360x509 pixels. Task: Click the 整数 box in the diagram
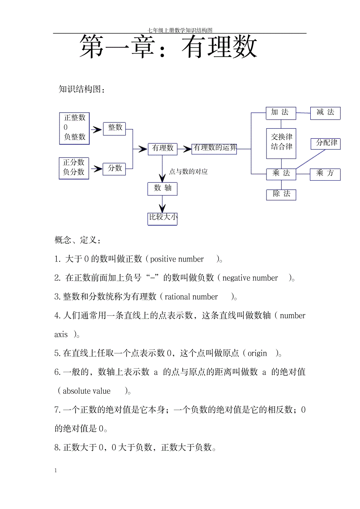pyautogui.click(x=114, y=129)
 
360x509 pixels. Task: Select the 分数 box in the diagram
pyautogui.click(x=114, y=169)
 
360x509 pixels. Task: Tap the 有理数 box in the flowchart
pyautogui.click(x=163, y=149)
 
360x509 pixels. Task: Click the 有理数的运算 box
pyautogui.click(x=214, y=149)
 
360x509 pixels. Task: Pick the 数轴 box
pyautogui.click(x=163, y=189)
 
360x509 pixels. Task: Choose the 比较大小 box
pyautogui.click(x=163, y=218)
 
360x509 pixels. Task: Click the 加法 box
pyautogui.click(x=281, y=113)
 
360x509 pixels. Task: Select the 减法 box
pyautogui.click(x=325, y=113)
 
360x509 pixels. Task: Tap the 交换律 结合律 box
pyautogui.click(x=281, y=143)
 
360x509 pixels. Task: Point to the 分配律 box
pyautogui.click(x=326, y=143)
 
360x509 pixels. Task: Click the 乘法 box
pyautogui.click(x=281, y=174)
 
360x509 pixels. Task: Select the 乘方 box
pyautogui.click(x=325, y=174)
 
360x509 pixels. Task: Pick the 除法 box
pyautogui.click(x=281, y=194)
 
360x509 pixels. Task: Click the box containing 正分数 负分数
pyautogui.click(x=74, y=168)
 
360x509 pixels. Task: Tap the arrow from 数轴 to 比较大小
pyautogui.click(x=162, y=204)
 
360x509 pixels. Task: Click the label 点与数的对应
pyautogui.click(x=188, y=172)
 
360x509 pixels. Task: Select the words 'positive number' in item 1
pyautogui.click(x=177, y=259)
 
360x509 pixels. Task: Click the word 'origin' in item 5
pyautogui.click(x=257, y=353)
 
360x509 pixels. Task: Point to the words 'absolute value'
pyautogui.click(x=86, y=391)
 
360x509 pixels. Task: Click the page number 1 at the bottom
pyautogui.click(x=56, y=470)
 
